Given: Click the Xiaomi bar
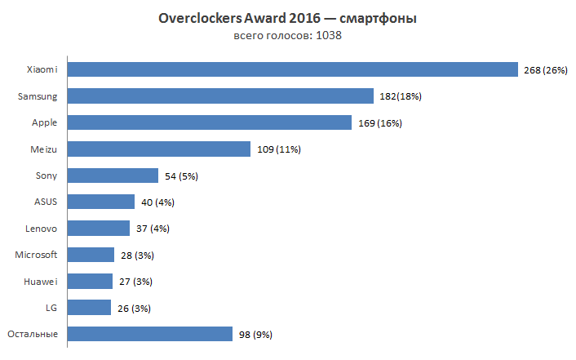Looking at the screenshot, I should coord(292,70).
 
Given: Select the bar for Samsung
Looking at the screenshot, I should coord(220,96).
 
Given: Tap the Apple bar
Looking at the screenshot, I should coord(215,123).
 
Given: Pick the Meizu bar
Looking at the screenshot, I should coord(158,149).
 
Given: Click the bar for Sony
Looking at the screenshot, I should coord(113,176).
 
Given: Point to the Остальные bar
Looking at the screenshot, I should coord(150,334).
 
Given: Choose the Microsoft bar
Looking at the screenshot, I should coord(91,255).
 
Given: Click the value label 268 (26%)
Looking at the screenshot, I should coord(545,71).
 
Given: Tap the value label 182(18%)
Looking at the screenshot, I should coord(401,97).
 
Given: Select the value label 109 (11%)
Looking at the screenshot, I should coord(279,150).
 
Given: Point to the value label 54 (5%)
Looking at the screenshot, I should coord(181,176).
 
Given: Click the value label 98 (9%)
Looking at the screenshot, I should coord(256,335).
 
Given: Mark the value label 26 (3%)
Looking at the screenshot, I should coord(134,309).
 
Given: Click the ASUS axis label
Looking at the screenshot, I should coord(47,202).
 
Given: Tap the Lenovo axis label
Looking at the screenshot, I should coord(42,228).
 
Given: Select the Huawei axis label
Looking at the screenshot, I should coord(42,281).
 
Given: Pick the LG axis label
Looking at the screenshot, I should coord(51,307).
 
